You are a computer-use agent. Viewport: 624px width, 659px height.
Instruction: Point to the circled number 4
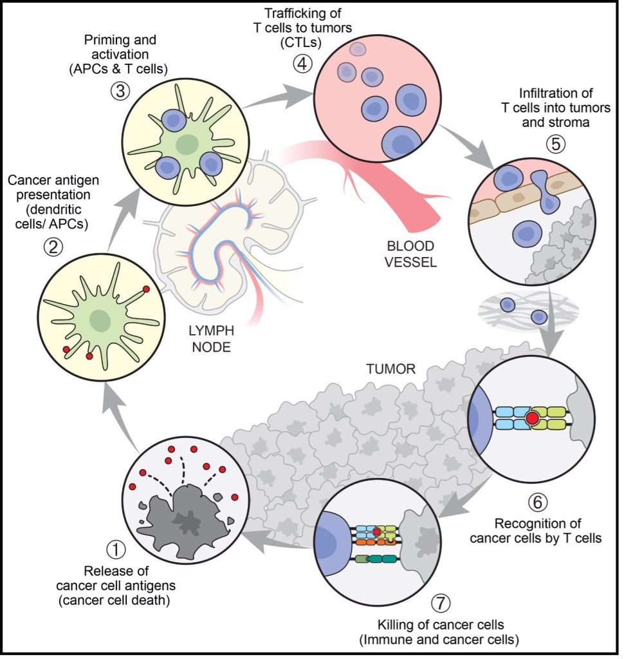(x=300, y=64)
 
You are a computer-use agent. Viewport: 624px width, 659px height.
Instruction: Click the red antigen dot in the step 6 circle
(x=532, y=419)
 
